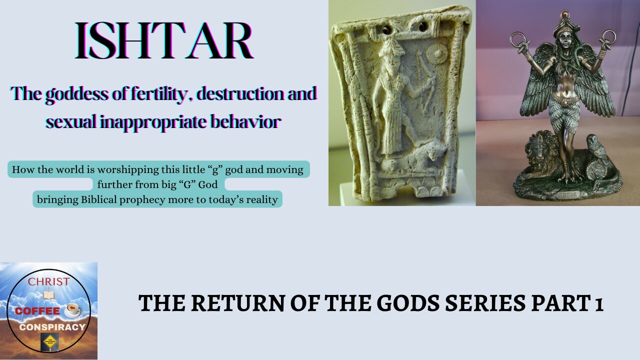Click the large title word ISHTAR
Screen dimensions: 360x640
point(163,42)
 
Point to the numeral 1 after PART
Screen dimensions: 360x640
point(598,303)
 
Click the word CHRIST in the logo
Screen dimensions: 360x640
point(48,281)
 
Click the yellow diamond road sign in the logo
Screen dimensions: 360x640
point(48,343)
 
